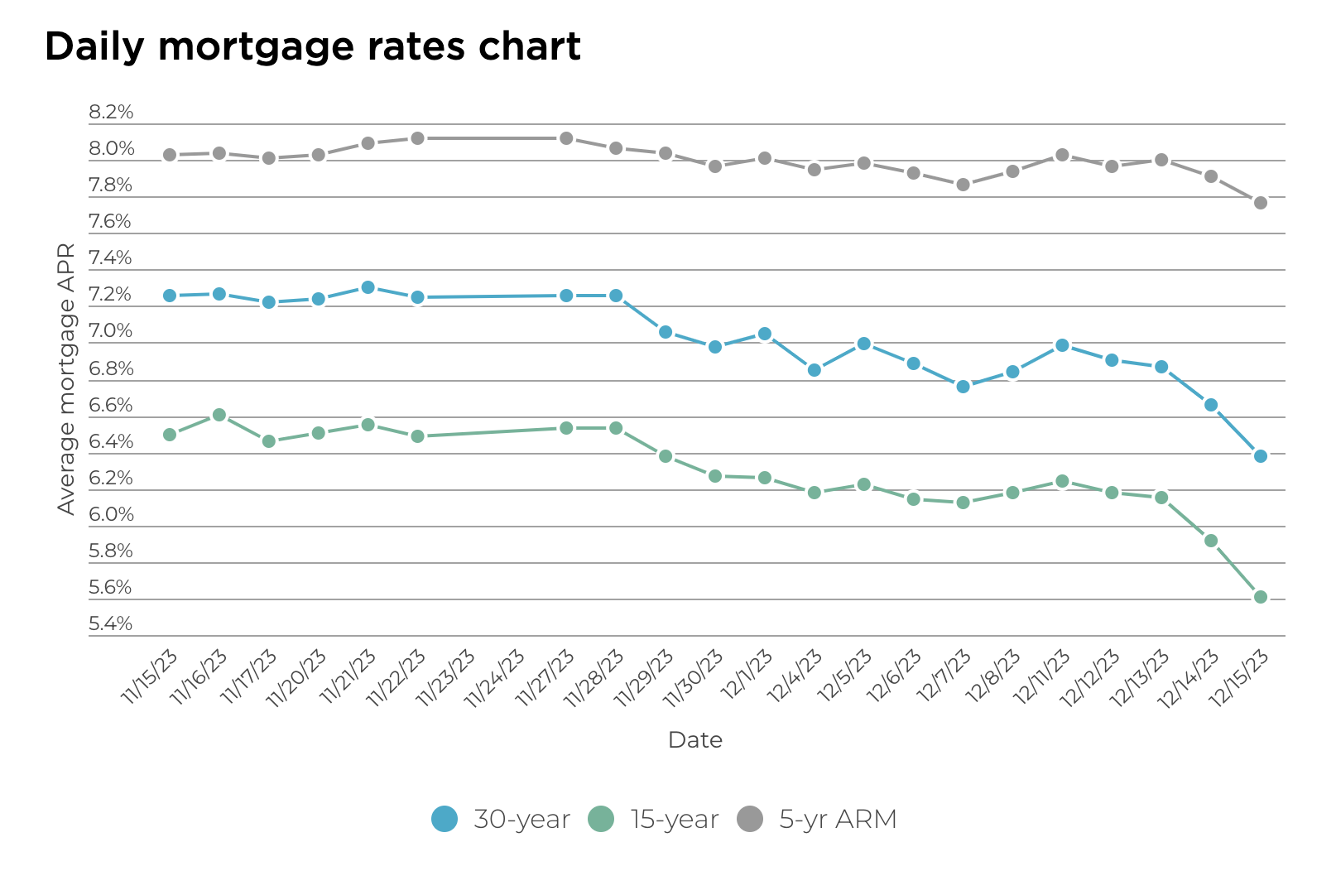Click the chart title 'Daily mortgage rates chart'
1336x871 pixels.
[312, 46]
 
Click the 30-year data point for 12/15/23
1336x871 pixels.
[1260, 456]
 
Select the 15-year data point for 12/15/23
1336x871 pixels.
[1260, 597]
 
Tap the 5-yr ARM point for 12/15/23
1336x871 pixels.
[1260, 203]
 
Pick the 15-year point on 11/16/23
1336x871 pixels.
[219, 415]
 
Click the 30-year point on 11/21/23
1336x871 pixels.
[368, 287]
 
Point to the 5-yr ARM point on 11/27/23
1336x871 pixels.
[566, 138]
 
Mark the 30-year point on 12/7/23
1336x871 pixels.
[963, 387]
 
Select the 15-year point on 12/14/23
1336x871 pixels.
[1211, 541]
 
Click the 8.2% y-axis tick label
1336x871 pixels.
[111, 113]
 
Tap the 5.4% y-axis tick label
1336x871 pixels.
[111, 624]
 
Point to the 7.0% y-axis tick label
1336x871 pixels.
[111, 331]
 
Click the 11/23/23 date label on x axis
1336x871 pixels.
[446, 678]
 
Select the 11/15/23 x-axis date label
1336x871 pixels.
[150, 678]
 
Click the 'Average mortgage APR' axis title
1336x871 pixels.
[66, 378]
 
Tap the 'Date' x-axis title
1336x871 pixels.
[694, 740]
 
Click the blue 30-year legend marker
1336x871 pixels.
[445, 819]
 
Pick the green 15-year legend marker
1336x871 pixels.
[601, 819]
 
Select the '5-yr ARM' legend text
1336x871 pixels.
[838, 819]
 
